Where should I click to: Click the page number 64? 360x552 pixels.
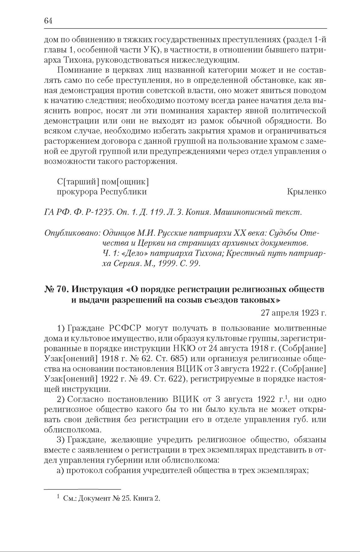[48, 21]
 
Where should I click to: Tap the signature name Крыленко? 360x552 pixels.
[306, 192]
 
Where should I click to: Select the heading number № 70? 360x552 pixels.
[56, 289]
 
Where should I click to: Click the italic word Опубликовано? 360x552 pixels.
[72, 233]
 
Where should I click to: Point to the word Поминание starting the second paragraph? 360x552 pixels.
[81, 70]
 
